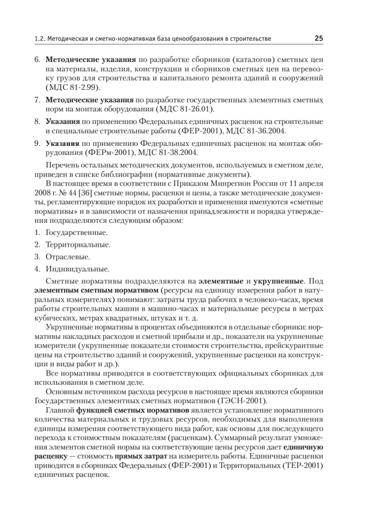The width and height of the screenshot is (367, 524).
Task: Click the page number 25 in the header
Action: (319, 38)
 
